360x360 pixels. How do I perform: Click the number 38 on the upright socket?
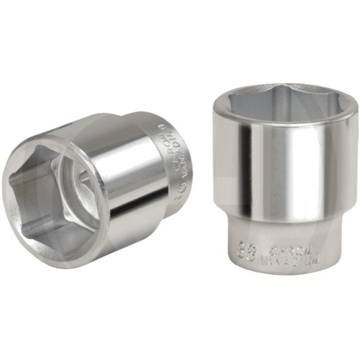click(x=246, y=247)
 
